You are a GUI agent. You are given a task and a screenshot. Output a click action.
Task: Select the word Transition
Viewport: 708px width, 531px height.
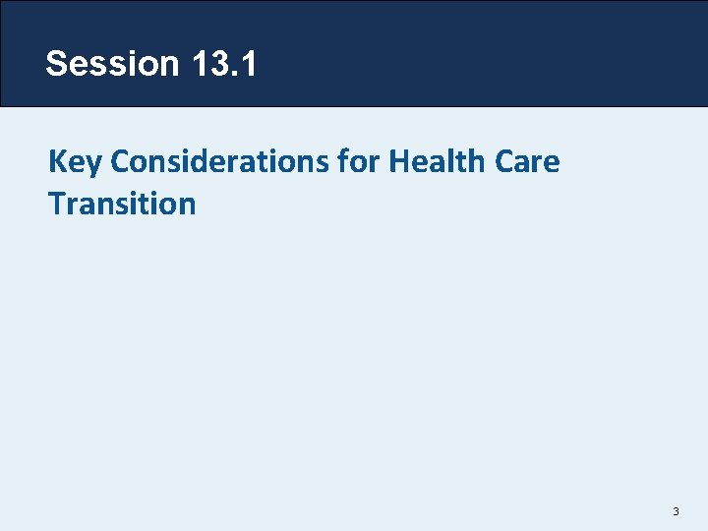(x=122, y=205)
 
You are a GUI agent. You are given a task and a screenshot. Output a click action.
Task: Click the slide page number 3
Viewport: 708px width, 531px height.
(x=677, y=511)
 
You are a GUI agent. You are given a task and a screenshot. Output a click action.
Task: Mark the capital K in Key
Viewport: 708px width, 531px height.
(x=56, y=162)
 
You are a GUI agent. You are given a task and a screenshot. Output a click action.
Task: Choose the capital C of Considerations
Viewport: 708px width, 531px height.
(x=120, y=162)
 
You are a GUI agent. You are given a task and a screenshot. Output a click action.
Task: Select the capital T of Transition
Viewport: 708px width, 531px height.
(x=56, y=205)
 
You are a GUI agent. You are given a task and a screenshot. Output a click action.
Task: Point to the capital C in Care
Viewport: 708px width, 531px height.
(x=502, y=162)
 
